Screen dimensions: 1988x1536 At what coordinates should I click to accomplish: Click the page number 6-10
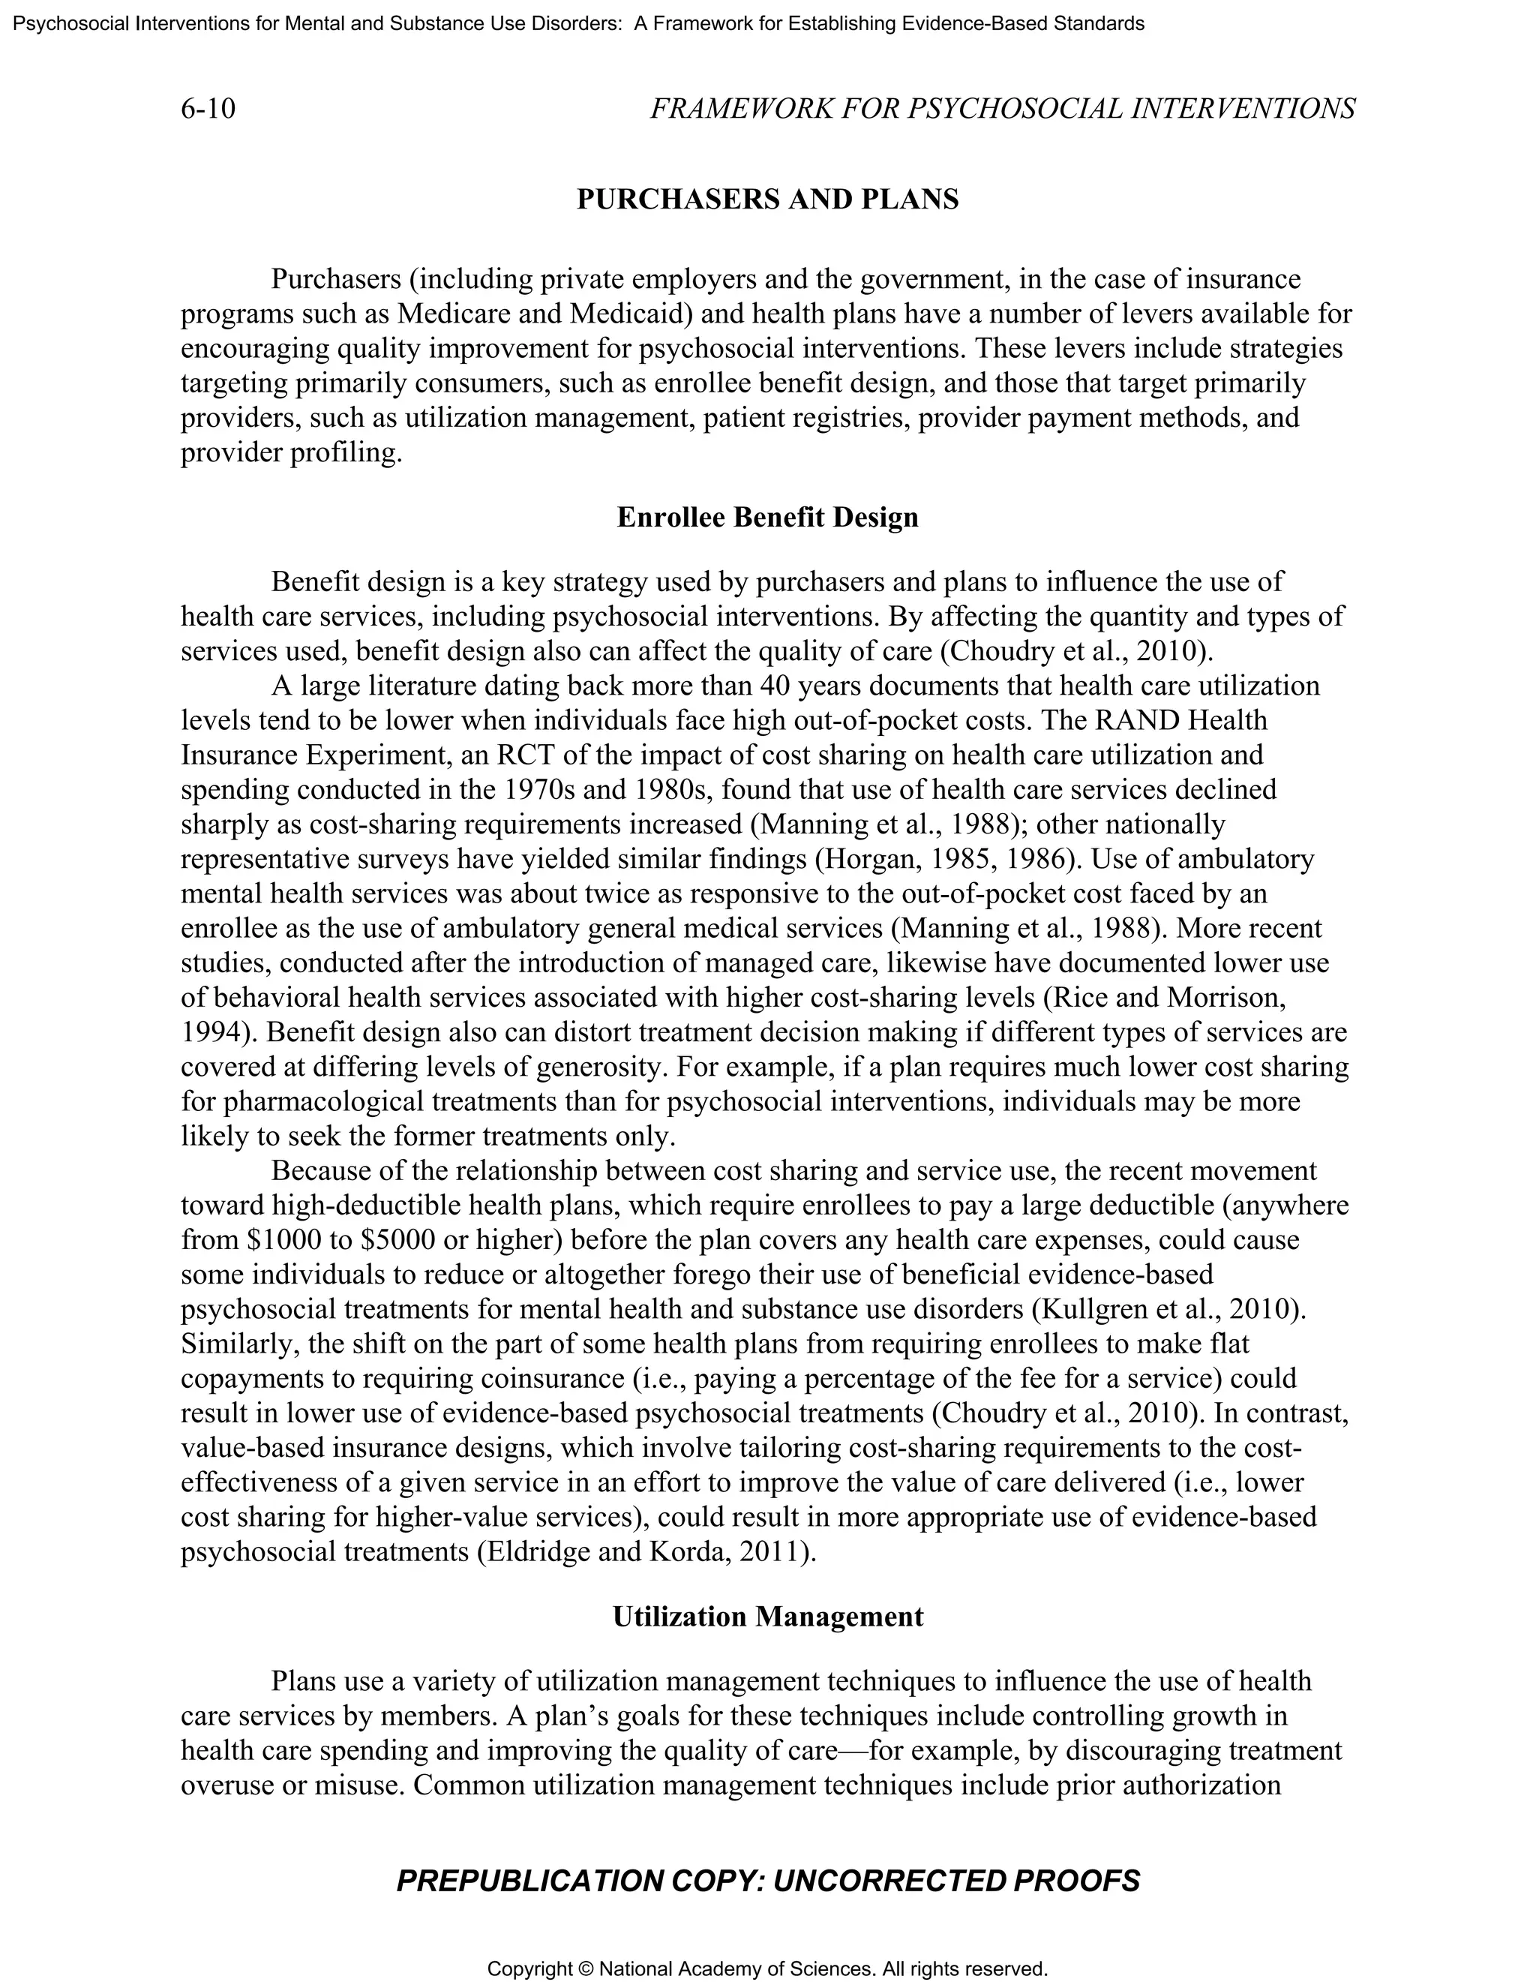coord(208,110)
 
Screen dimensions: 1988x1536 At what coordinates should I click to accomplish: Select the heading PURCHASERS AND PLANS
coord(767,200)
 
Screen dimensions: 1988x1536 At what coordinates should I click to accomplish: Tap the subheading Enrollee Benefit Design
coord(767,517)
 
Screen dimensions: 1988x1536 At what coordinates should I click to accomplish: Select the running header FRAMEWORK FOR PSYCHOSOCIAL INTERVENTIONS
coord(1002,110)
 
